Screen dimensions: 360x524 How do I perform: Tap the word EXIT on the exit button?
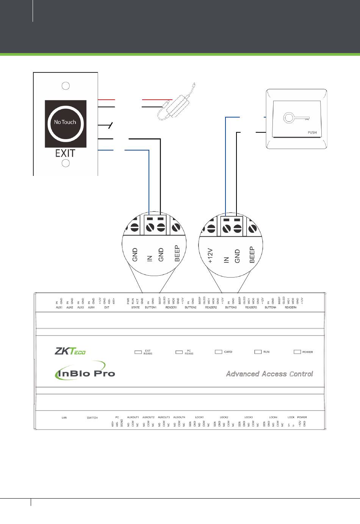point(65,153)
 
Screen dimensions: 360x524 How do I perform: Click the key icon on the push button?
point(296,118)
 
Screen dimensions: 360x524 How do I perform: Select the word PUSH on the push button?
point(312,133)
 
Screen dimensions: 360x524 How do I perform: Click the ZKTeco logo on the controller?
point(70,351)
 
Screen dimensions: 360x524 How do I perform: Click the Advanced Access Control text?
point(269,374)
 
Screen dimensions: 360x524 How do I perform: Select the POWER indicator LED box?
point(297,352)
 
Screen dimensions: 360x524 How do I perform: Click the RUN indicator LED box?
point(258,352)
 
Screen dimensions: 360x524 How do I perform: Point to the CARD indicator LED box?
point(218,352)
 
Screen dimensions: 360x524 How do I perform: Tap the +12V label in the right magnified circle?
point(211,256)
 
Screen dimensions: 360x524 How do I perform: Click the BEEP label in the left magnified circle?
point(177,253)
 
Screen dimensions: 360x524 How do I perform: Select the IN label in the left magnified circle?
point(149,258)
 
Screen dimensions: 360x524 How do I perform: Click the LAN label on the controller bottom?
point(64,418)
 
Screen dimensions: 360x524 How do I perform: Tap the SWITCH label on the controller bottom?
point(92,418)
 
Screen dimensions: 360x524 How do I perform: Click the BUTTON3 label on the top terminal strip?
point(231,307)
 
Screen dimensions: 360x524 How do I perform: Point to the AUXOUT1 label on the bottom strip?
point(133,417)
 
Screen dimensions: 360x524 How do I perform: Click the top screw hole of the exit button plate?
point(66,86)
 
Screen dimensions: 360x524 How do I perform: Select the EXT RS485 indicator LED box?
point(138,352)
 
